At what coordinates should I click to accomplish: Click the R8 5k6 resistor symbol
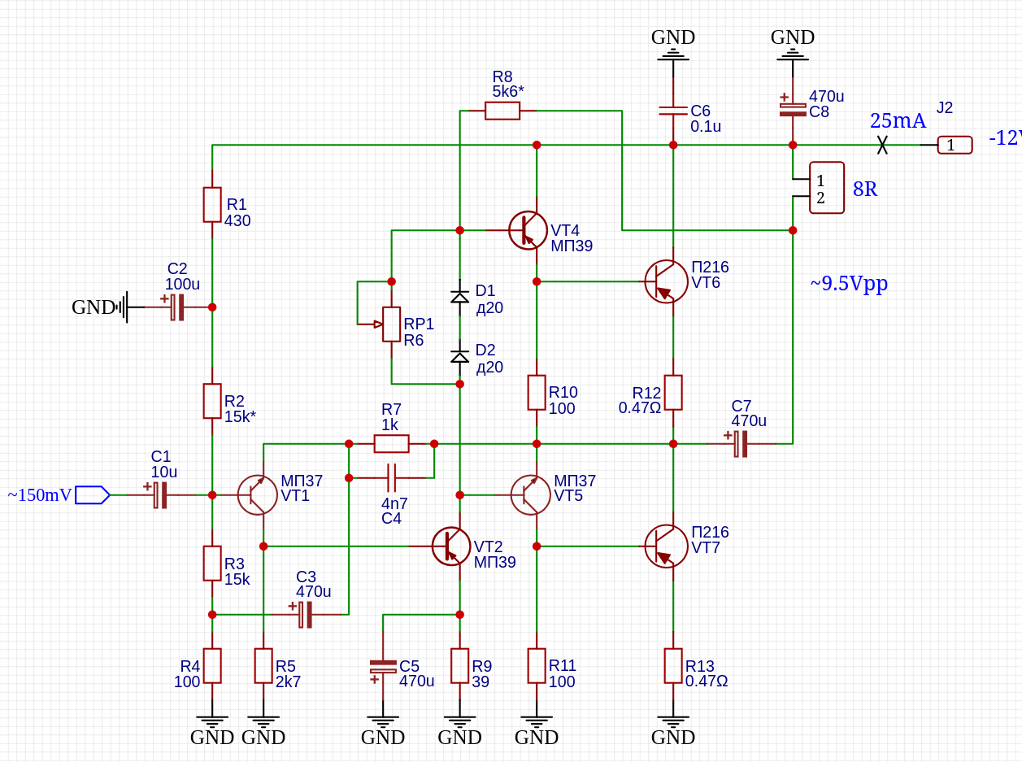[502, 111]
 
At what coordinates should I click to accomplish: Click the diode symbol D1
[459, 297]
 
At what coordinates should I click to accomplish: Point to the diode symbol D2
[459, 357]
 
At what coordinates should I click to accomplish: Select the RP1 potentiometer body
[391, 324]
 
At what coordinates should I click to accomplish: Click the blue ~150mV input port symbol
[92, 494]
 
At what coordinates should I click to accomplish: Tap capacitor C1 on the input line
[159, 494]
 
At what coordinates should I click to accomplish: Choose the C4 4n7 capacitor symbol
[391, 477]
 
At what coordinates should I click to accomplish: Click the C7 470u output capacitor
[741, 443]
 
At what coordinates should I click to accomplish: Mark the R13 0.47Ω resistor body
[673, 666]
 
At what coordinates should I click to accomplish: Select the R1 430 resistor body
[212, 205]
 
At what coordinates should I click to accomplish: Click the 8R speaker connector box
[826, 188]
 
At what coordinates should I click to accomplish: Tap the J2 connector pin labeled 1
[955, 145]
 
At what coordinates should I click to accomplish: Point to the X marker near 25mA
[882, 145]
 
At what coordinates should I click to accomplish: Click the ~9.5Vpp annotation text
[849, 284]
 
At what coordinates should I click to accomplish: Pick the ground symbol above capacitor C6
[673, 54]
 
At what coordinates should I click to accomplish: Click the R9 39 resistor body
[459, 666]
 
